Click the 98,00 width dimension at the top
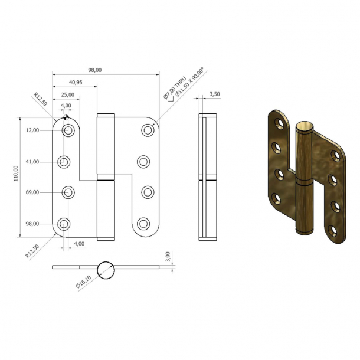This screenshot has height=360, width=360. (x=95, y=70)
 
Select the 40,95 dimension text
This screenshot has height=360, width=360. (x=75, y=82)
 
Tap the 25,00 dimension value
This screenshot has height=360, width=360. (x=67, y=94)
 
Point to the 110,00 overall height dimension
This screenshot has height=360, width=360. (x=17, y=176)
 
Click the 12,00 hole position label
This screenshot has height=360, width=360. (x=32, y=130)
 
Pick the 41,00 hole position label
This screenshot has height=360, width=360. (x=32, y=162)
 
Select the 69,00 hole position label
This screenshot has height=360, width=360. (x=32, y=192)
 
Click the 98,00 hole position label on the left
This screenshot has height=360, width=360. (x=32, y=224)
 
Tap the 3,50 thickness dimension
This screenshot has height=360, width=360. (x=214, y=94)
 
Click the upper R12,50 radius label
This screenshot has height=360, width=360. (x=40, y=99)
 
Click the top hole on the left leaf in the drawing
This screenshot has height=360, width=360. (x=68, y=131)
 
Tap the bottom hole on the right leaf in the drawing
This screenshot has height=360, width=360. (x=143, y=224)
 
